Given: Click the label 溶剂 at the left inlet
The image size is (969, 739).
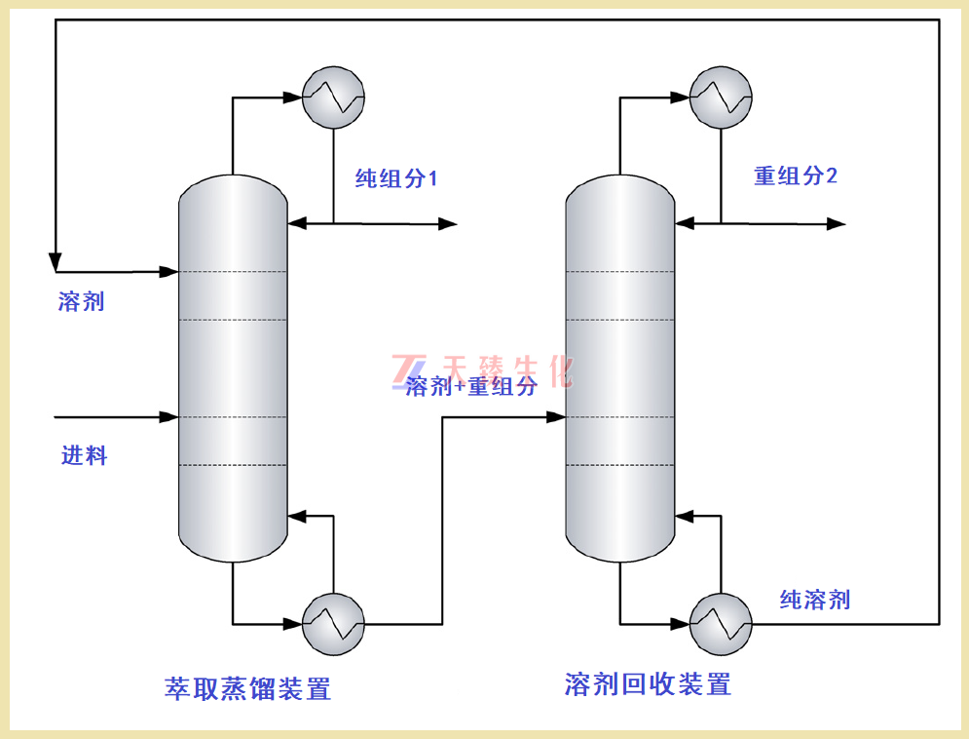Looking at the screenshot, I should point(81,301).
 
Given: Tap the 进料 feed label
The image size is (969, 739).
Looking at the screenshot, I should point(84,455).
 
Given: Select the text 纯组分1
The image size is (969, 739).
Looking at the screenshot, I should point(396,178).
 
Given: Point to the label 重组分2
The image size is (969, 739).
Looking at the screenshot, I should point(796,175).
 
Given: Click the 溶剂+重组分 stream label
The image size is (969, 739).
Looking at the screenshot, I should point(472,387).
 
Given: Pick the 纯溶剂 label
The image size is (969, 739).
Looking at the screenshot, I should point(815,600).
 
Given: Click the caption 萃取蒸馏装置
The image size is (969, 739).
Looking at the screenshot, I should point(248,689).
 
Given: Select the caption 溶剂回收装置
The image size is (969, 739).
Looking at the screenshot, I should point(648,684).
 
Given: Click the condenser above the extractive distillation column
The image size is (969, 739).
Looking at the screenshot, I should point(333,97).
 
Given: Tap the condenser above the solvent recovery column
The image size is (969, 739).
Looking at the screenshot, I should point(721,97).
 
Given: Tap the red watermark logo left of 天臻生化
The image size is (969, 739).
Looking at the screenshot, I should point(404,370).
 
